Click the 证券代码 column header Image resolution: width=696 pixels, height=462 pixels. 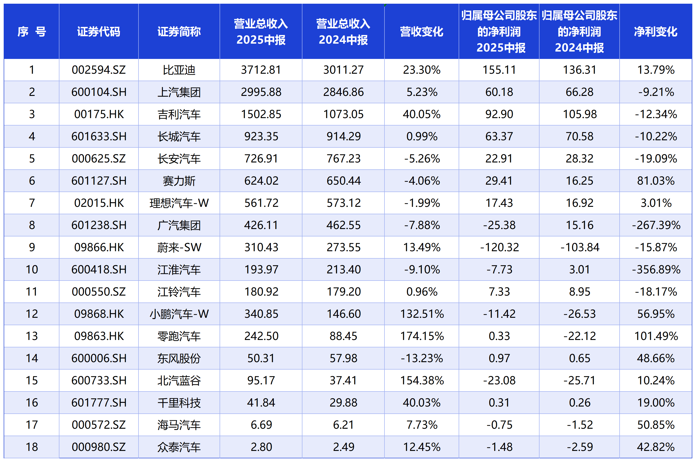[99, 32]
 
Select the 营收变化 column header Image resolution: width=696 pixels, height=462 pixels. [421, 32]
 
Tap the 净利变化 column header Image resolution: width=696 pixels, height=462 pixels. [656, 32]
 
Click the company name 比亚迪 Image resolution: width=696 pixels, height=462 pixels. [179, 70]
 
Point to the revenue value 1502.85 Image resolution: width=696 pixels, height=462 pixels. [261, 114]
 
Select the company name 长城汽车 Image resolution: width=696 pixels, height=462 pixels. [179, 136]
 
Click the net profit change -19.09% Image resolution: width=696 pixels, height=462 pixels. [656, 159]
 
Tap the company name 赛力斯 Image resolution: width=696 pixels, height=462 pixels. [179, 181]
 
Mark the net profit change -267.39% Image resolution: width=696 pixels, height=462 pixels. [656, 225]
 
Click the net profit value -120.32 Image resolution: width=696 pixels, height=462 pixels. [499, 248]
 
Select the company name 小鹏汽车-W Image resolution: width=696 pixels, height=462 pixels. [179, 314]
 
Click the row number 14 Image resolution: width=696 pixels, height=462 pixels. [32, 358]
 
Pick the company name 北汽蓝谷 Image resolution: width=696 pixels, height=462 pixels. [179, 381]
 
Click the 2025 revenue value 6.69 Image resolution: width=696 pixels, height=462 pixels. [261, 425]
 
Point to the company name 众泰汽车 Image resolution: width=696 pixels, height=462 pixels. [179, 447]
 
